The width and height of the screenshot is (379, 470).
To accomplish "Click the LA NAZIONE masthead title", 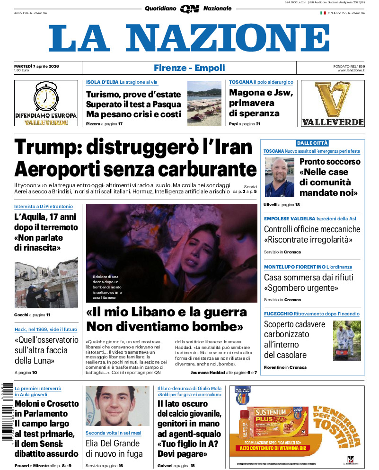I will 189,38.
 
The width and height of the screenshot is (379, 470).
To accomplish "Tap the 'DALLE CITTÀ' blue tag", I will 312,143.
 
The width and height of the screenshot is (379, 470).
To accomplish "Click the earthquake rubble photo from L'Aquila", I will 46,283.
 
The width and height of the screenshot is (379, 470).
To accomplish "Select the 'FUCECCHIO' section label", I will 278,313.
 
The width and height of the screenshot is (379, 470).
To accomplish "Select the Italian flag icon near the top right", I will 323,13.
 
